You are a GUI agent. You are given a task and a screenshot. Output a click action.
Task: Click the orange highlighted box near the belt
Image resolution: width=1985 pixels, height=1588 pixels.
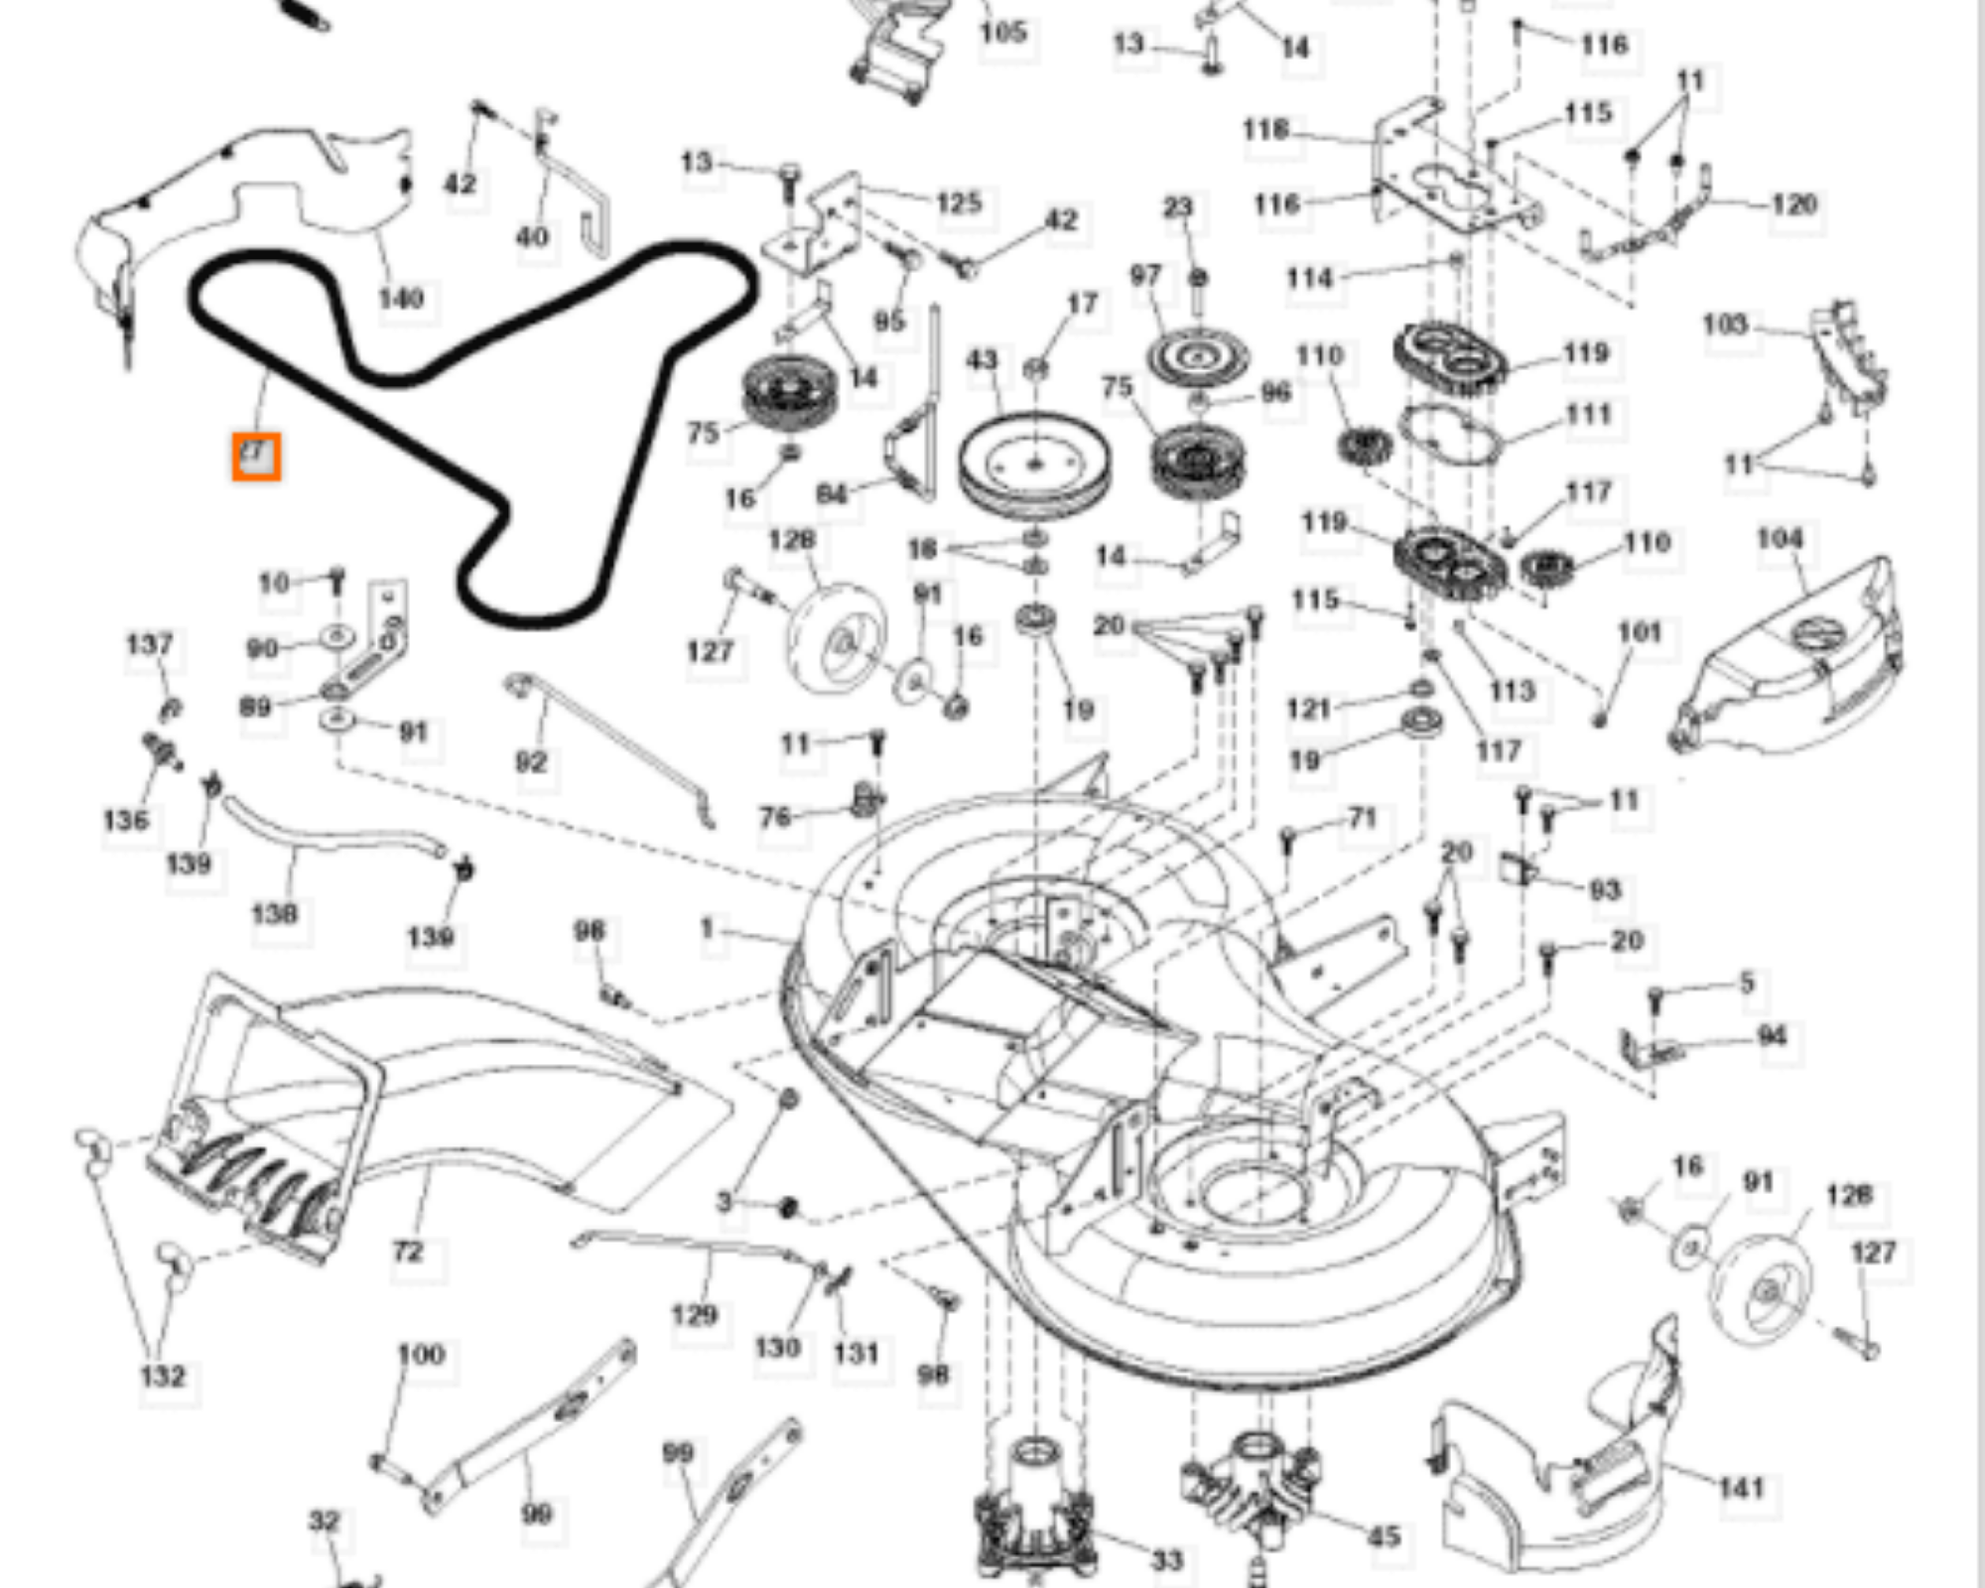(256, 458)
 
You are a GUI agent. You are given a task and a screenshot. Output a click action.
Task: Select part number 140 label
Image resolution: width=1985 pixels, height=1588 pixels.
(401, 298)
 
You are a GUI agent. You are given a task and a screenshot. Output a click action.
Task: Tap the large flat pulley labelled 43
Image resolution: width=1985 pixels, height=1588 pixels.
(1034, 464)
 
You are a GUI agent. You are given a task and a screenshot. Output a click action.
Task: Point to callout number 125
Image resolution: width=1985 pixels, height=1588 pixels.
(959, 202)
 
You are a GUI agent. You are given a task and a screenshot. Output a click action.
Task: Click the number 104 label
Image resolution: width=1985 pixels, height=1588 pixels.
(1780, 539)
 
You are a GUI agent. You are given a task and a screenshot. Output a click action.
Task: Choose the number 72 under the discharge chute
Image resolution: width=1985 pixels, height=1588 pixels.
(408, 1252)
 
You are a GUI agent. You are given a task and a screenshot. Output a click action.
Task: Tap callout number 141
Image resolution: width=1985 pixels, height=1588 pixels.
(1742, 1488)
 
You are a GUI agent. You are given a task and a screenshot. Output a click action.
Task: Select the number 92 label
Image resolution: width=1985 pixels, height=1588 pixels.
(531, 762)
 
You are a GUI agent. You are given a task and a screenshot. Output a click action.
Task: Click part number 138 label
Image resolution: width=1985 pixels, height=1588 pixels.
(275, 913)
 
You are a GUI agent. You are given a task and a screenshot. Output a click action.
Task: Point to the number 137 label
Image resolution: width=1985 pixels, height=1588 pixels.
(150, 645)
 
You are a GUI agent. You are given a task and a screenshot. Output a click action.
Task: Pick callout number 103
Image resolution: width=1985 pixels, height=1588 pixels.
(1725, 325)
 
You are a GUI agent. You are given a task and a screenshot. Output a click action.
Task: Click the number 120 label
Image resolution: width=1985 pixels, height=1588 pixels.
(1795, 204)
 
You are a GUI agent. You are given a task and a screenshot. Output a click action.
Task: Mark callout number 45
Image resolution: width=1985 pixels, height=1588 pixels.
(1384, 1537)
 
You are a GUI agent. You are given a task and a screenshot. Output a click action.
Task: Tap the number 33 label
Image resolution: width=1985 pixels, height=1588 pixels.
(1167, 1561)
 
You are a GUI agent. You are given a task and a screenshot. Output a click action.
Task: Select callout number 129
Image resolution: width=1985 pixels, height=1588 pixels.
(694, 1315)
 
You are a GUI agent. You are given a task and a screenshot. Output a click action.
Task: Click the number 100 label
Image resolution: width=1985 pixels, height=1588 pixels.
(421, 1355)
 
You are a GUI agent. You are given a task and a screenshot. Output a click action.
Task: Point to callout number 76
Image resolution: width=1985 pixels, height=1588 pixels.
(775, 817)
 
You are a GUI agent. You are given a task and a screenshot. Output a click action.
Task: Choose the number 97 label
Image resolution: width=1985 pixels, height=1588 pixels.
(1145, 275)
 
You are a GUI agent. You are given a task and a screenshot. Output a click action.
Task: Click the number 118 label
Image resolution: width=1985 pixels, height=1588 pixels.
(1265, 130)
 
